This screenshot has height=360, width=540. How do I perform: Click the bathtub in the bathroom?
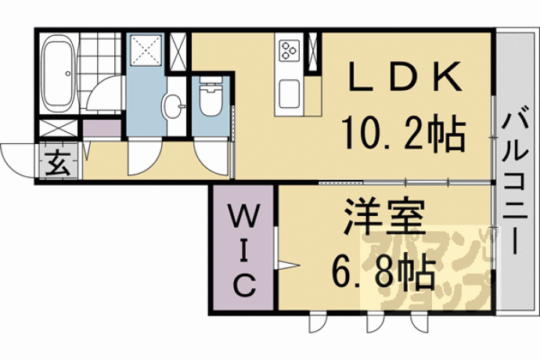[x=58, y=74]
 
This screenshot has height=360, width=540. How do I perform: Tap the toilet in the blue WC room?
[x=211, y=96]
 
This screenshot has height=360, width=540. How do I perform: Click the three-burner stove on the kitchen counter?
[x=289, y=51]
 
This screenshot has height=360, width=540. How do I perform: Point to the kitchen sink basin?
[x=289, y=94]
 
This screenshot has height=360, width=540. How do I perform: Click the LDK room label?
[x=405, y=77]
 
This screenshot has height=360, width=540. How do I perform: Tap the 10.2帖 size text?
[x=404, y=133]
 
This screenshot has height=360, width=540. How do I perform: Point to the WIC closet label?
[x=244, y=250]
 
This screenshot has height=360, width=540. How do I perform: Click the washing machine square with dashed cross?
[x=146, y=50]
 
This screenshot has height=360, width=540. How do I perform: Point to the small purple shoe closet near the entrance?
[x=102, y=128]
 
